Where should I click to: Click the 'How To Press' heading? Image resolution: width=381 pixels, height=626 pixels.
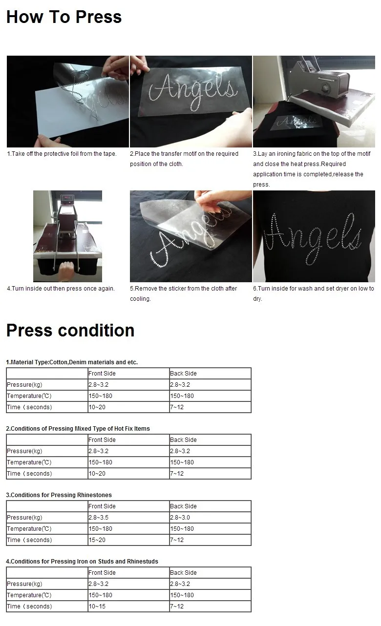pyautogui.click(x=64, y=17)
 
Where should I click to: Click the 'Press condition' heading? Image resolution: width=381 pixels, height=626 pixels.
pyautogui.click(x=70, y=331)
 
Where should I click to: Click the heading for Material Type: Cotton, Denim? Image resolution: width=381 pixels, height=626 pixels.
pyautogui.click(x=72, y=362)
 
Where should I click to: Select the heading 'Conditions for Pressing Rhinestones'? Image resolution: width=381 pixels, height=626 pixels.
pyautogui.click(x=59, y=495)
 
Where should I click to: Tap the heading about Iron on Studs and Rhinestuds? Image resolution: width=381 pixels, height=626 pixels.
pyautogui.click(x=82, y=562)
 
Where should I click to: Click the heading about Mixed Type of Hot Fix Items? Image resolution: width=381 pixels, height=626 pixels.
pyautogui.click(x=78, y=429)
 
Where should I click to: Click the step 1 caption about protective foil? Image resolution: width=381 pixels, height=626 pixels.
pyautogui.click(x=62, y=154)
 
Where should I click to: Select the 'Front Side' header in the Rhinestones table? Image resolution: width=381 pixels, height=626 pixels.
pyautogui.click(x=102, y=506)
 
